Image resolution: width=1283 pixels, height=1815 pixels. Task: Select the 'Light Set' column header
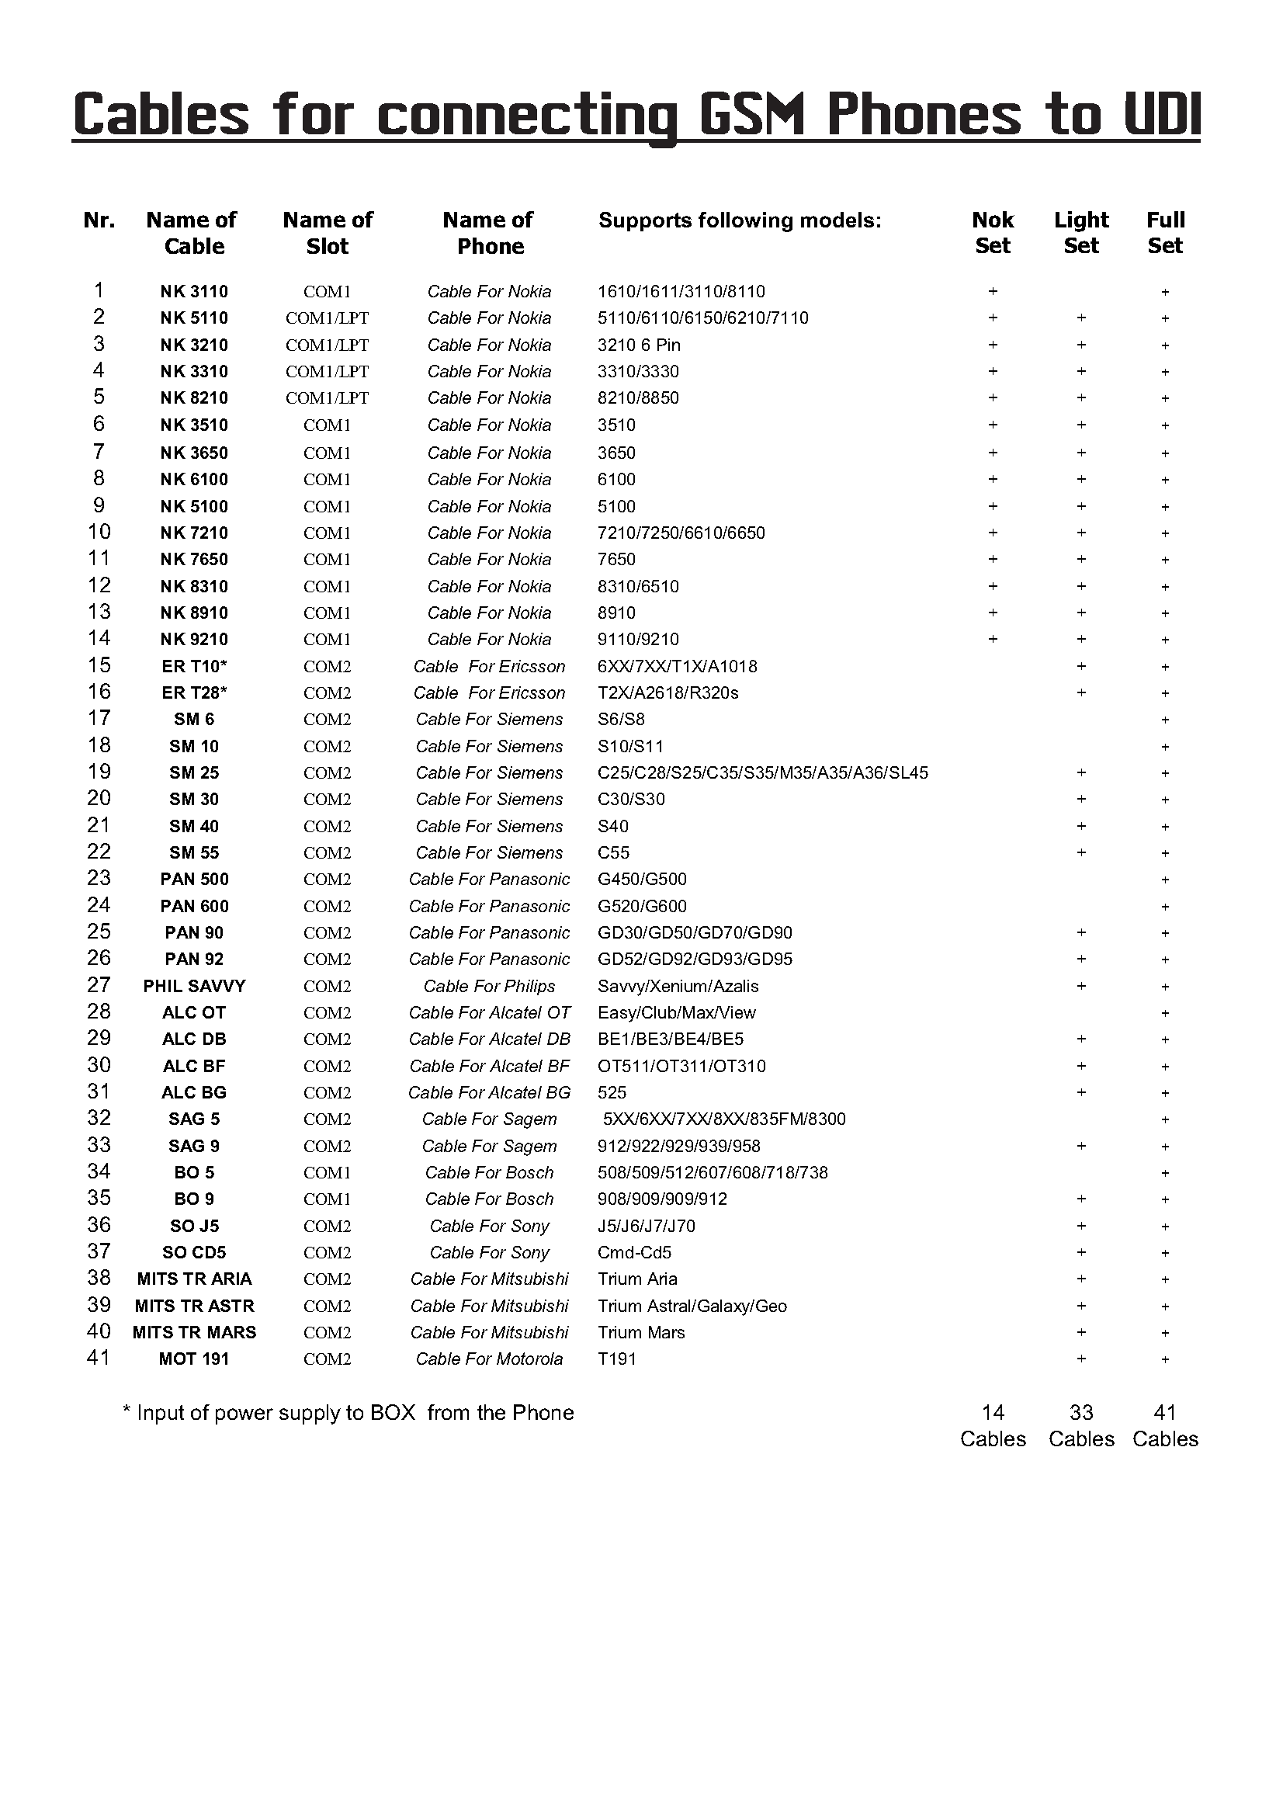tap(1080, 232)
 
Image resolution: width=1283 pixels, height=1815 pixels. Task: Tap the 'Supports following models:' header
tap(739, 220)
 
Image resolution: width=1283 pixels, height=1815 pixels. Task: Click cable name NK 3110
tap(194, 292)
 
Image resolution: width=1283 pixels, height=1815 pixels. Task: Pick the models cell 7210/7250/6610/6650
tap(681, 533)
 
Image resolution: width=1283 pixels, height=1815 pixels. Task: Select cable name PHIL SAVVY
tap(194, 986)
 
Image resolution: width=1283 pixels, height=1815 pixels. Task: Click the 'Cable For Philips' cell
tap(488, 986)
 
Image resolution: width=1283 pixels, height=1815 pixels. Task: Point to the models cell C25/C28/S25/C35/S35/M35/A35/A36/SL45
tap(762, 772)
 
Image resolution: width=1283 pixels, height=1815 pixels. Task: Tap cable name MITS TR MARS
tap(194, 1332)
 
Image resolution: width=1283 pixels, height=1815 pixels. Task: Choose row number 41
tap(98, 1358)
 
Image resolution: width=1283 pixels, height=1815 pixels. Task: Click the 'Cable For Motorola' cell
tap(488, 1359)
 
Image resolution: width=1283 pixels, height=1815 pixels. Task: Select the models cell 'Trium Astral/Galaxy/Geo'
tap(692, 1306)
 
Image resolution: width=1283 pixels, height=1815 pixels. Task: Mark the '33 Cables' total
tap(1080, 1425)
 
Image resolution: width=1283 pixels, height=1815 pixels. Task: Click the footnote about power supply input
tap(348, 1413)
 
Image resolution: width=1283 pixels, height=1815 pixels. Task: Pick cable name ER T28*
tap(194, 692)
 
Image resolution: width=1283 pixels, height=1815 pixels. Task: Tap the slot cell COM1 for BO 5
tap(327, 1172)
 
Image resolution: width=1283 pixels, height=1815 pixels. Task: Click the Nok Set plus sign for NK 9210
tap(992, 639)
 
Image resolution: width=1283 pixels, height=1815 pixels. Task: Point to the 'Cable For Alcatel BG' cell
tap(488, 1092)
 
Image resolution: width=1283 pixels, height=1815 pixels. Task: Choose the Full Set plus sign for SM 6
tap(1164, 720)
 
